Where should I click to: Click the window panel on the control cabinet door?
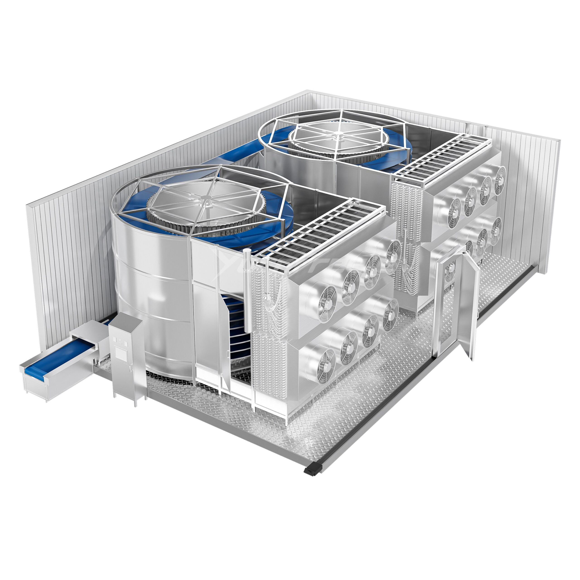[121, 353]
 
